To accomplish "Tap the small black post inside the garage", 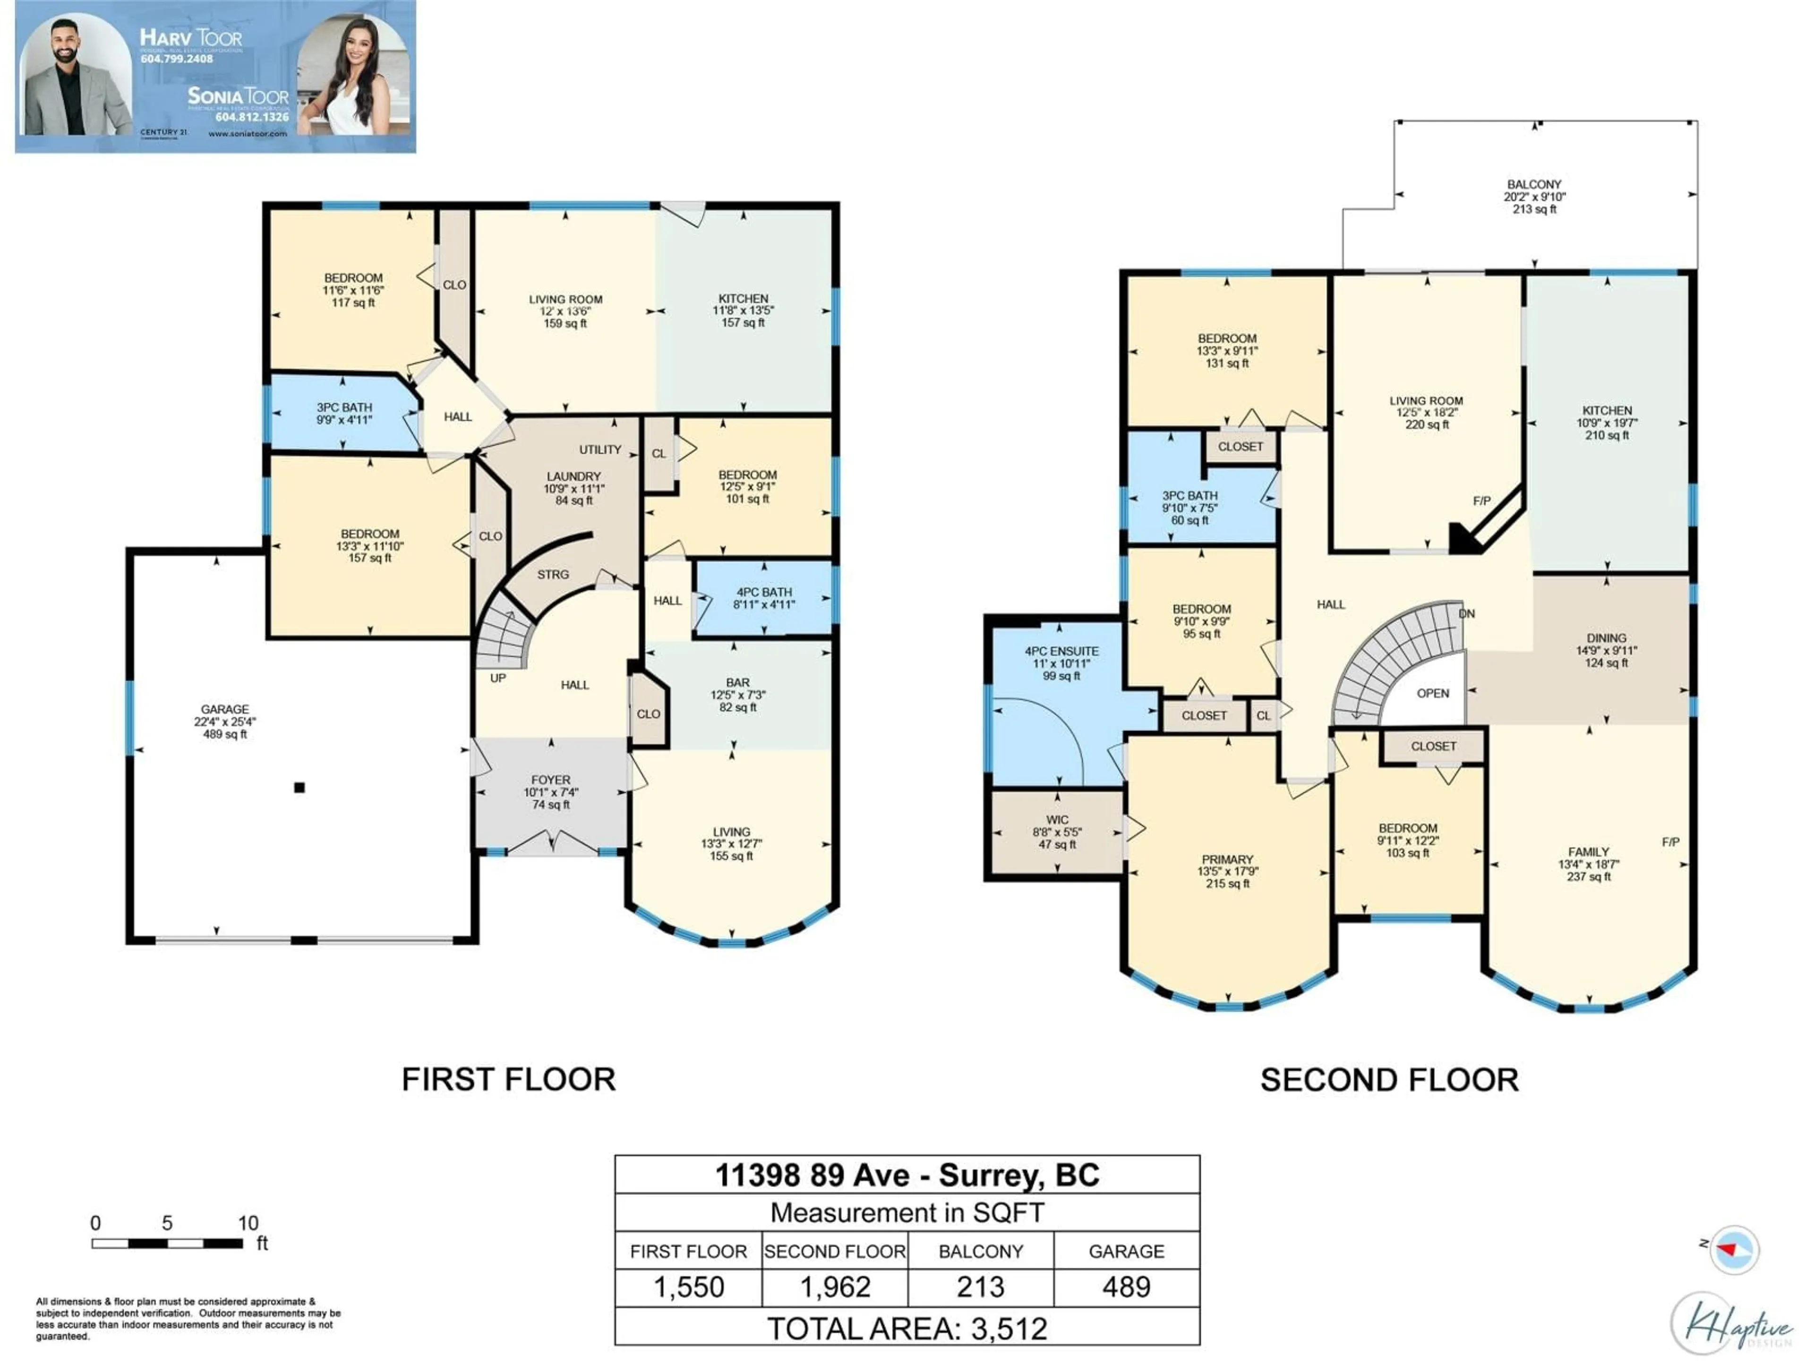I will [x=299, y=788].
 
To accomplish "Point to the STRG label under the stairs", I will [x=553, y=574].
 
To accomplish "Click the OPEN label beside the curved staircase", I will [x=1433, y=693].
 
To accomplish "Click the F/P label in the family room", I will [x=1670, y=842].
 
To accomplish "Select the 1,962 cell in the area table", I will [x=835, y=1286].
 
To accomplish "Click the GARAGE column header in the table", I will [x=1126, y=1251].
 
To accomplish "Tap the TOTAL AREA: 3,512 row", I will [x=907, y=1328].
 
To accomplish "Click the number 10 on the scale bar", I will [x=248, y=1223].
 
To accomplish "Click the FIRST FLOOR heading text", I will [x=508, y=1079].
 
